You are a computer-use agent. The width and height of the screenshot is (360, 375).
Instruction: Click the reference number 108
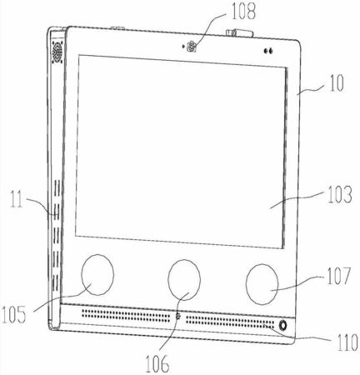point(243,12)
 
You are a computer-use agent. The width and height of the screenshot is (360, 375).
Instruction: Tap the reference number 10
point(337,82)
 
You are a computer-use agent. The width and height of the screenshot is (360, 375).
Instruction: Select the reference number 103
point(340,194)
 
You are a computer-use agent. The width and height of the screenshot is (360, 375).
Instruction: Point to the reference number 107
point(339,276)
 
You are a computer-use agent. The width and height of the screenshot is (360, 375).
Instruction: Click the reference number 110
point(347,342)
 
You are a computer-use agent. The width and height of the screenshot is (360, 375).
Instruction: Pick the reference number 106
point(157,363)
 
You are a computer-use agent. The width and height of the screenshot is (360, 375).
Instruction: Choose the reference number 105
point(14,314)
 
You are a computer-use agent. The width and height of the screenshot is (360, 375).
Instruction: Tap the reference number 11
point(17,199)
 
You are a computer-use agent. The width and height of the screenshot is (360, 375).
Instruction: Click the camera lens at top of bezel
point(192,46)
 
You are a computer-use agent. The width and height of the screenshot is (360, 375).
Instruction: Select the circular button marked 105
point(97,274)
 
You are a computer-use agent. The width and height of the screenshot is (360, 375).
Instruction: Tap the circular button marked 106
point(184,280)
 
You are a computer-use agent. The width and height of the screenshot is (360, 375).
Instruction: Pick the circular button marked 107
point(262,284)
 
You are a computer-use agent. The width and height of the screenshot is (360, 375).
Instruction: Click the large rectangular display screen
point(181,152)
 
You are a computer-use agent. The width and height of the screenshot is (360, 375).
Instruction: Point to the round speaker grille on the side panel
point(57,52)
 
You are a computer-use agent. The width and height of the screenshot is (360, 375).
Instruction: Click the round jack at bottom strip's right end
point(282,325)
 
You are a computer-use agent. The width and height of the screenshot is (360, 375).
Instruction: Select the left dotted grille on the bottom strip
point(126,315)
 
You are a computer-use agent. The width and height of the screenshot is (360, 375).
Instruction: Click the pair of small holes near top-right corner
point(268,51)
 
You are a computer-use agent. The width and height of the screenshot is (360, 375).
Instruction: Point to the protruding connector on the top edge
point(240,33)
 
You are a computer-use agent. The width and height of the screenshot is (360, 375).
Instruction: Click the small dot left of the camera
point(182,46)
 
